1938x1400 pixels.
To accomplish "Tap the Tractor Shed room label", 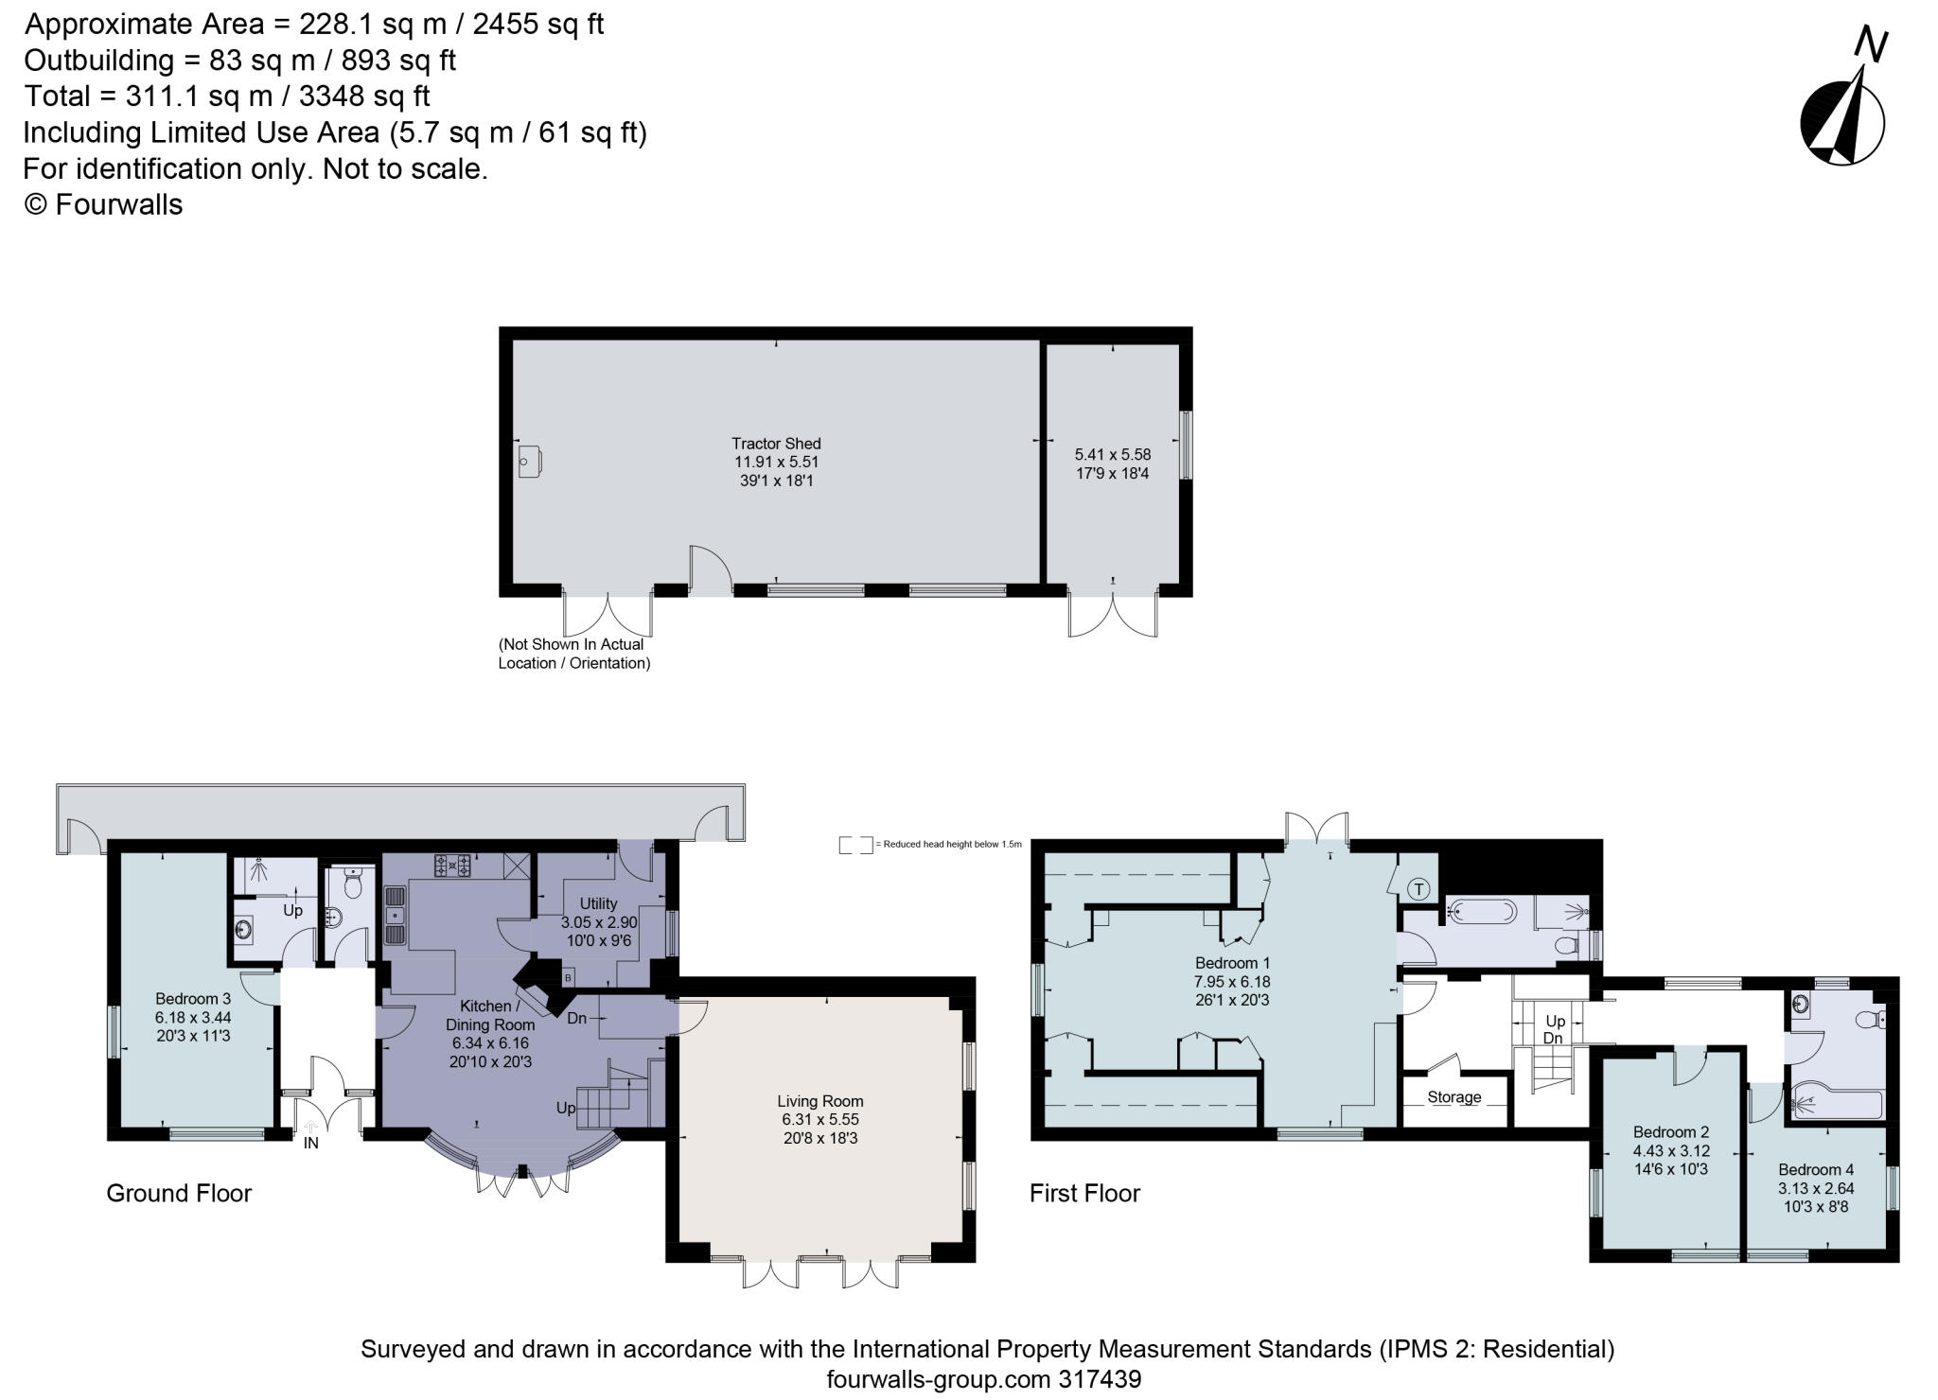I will tap(776, 444).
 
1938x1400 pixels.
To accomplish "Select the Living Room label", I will tap(819, 1101).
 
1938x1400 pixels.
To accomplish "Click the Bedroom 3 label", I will tap(193, 999).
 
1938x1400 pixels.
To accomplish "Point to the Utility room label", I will tap(598, 903).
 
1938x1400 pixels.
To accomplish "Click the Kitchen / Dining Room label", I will tap(490, 1015).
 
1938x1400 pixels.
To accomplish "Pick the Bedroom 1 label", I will tap(1232, 963).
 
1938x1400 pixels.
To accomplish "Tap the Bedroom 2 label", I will tap(1671, 1132).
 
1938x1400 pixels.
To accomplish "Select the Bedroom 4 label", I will tap(1816, 1169).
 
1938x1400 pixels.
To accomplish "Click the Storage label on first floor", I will tap(1453, 1097).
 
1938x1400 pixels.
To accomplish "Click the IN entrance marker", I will tap(310, 1143).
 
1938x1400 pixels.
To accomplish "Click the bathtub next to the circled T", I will tap(1482, 913).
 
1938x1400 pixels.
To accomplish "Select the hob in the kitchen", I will tap(453, 865).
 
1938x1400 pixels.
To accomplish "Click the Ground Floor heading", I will tap(179, 1193).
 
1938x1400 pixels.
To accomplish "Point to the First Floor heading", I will tap(1084, 1193).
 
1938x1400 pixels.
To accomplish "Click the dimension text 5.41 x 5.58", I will tap(1112, 454).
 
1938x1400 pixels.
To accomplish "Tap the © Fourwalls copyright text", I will tap(103, 204).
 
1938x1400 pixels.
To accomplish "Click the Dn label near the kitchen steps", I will tap(576, 1019).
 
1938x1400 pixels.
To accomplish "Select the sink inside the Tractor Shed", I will tap(530, 463).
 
